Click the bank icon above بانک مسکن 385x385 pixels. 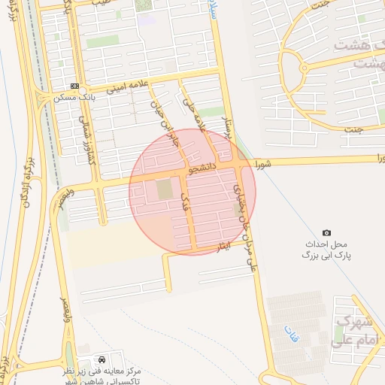click(74, 86)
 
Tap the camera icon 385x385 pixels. click(326, 233)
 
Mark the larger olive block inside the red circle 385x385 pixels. click(164, 189)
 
